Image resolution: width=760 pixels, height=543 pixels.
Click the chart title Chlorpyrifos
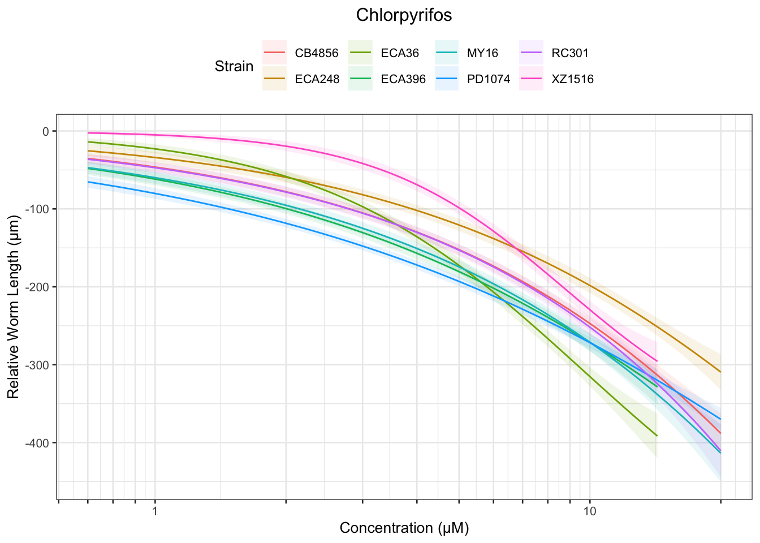404,15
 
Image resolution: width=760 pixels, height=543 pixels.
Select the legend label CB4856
317,53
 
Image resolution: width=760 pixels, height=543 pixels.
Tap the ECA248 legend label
317,79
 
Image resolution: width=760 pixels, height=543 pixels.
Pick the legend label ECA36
400,53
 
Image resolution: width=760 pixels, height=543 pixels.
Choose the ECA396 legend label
403,79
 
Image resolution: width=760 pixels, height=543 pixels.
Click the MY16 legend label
482,53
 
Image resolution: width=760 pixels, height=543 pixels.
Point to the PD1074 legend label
488,79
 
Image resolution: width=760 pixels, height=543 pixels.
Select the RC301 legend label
570,53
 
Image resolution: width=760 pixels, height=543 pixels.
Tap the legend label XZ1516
572,79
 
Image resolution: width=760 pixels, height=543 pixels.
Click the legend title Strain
234,66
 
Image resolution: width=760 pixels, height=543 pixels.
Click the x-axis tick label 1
154,512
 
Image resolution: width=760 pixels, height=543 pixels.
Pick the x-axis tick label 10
590,512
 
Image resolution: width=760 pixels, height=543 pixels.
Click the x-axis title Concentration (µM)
404,528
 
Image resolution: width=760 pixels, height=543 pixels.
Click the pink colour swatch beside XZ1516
532,79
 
